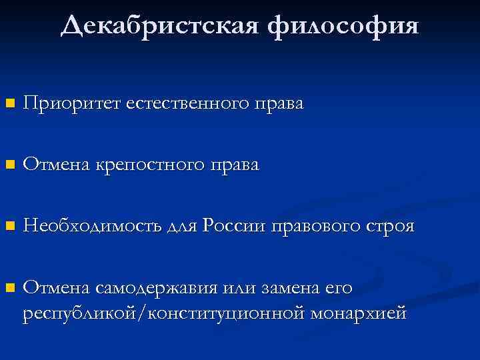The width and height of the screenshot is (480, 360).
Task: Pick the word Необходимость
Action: [91, 227]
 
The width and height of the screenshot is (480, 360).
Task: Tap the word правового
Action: [313, 227]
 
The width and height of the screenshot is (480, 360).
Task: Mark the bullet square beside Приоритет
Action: [9, 104]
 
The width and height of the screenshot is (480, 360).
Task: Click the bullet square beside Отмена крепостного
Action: [9, 165]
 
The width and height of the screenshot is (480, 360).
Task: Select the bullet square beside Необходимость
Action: [9, 227]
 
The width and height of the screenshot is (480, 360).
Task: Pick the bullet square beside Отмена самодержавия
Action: [9, 289]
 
